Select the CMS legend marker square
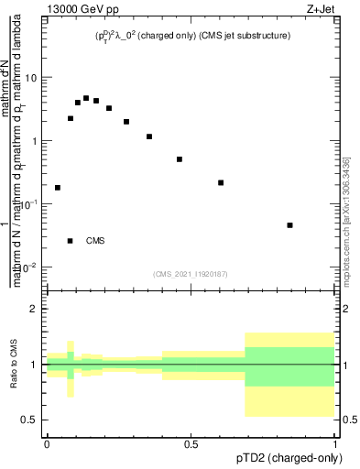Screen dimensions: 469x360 tap(71, 241)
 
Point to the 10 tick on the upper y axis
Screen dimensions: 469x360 tap(31, 77)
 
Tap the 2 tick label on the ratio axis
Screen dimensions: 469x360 tap(35, 309)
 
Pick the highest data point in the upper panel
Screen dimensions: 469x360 tap(86, 98)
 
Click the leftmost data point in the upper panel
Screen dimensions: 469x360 tap(58, 188)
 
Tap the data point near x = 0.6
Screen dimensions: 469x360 tap(221, 183)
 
